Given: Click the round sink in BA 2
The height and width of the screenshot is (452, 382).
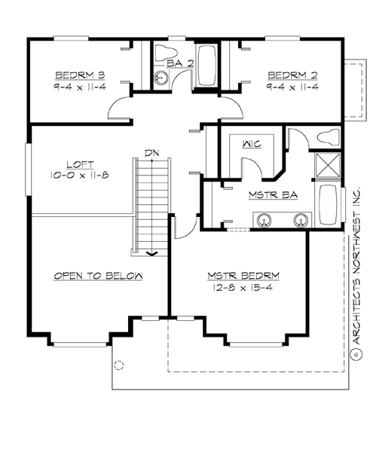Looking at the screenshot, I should [159, 79].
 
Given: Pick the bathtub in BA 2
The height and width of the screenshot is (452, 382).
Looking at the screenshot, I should [208, 66].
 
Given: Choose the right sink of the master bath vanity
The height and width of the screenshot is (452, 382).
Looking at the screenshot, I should [300, 221].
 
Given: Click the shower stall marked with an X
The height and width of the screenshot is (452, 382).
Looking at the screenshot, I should [327, 164].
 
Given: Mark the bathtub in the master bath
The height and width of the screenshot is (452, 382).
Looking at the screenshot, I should [328, 205].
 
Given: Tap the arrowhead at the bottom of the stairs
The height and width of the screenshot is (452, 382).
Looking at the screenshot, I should [152, 253].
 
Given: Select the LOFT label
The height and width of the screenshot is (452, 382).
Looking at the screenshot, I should [78, 163].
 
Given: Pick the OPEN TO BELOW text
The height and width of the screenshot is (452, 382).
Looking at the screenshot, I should [98, 276].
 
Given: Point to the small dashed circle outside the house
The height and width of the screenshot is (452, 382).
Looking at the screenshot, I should [118, 365].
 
